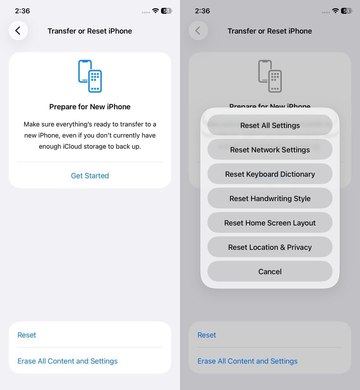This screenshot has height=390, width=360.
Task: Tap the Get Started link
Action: pos(90,176)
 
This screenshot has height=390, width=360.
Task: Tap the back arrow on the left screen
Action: pos(18,30)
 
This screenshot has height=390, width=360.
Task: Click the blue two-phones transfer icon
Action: pos(90,76)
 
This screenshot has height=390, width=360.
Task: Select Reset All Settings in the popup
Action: pos(270,125)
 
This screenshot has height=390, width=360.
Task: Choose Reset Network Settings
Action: pos(270,150)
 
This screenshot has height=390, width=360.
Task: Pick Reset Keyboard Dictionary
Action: pos(270,174)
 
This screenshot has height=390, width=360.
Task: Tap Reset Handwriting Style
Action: pos(270,198)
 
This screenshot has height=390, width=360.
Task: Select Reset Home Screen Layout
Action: pos(270,223)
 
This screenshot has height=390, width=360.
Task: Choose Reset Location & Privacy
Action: pos(270,247)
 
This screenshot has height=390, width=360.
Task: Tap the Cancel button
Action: pos(270,271)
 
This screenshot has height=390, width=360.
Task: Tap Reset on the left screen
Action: pos(27,335)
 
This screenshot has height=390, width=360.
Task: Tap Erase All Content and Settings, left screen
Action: pos(67,361)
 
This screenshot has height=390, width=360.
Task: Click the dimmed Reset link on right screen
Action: pos(207,335)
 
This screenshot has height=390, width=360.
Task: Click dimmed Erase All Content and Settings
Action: pos(247,361)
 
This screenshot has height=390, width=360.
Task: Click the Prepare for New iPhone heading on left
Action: pos(90,107)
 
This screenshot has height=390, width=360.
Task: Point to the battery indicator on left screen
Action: pos(166,11)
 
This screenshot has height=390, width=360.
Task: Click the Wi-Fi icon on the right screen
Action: pos(335,11)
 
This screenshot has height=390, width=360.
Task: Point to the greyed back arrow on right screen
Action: pos(198,30)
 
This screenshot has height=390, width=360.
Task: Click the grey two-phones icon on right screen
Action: pos(270,76)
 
